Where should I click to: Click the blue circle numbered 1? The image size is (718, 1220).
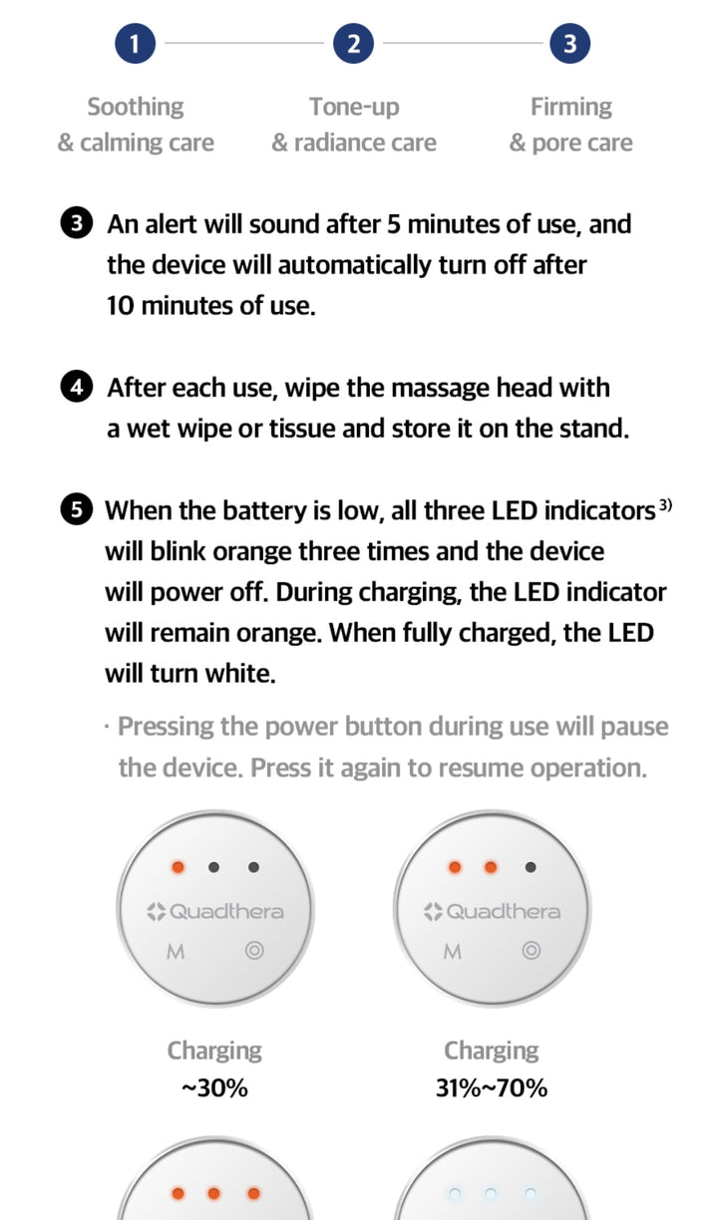point(135,44)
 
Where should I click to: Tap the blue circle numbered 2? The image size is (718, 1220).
point(354,44)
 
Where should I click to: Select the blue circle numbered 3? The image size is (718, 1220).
point(569,44)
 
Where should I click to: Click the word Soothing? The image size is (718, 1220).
point(136,108)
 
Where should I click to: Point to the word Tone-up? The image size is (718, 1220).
point(355,108)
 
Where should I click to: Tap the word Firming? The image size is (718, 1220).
point(571,108)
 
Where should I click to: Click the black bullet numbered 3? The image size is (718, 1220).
point(76,223)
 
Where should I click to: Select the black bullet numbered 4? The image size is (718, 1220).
point(76,387)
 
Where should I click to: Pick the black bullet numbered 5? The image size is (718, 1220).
point(76,509)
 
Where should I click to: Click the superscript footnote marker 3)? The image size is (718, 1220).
point(666,505)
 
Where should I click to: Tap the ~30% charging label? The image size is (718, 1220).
point(214,1088)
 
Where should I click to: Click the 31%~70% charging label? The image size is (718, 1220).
point(492,1088)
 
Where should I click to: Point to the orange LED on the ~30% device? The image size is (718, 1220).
point(178,867)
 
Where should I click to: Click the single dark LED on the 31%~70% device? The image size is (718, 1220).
point(531,867)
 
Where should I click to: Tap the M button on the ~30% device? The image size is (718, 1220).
point(176,952)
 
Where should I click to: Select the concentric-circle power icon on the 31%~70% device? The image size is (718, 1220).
point(532,951)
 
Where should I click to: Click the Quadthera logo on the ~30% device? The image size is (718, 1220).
point(215,911)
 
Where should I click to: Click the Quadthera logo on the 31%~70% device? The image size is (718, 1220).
point(492,911)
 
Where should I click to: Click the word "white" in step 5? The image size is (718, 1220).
point(240,673)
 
